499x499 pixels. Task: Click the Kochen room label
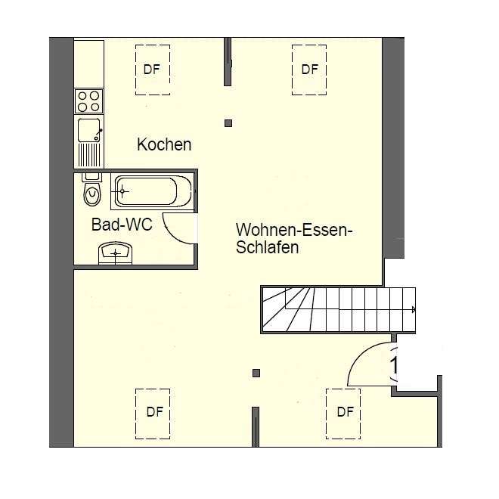(x=164, y=144)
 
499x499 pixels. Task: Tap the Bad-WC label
(x=122, y=225)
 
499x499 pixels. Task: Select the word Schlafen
(x=268, y=247)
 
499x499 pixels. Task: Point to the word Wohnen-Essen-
(x=294, y=230)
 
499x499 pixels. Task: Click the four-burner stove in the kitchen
(x=88, y=101)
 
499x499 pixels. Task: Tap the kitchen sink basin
(x=88, y=131)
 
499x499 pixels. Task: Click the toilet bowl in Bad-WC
(x=92, y=195)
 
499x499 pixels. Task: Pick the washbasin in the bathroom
(x=115, y=253)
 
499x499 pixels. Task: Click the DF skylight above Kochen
(x=153, y=70)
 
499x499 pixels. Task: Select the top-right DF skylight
(x=309, y=70)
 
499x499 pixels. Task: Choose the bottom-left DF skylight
(x=153, y=414)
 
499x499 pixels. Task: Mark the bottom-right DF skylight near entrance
(x=343, y=414)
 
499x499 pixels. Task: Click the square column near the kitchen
(x=228, y=123)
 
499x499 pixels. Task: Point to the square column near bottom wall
(x=256, y=373)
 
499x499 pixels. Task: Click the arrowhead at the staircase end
(x=414, y=309)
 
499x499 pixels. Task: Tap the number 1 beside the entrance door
(x=395, y=365)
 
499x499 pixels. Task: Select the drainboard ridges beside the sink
(x=89, y=155)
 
